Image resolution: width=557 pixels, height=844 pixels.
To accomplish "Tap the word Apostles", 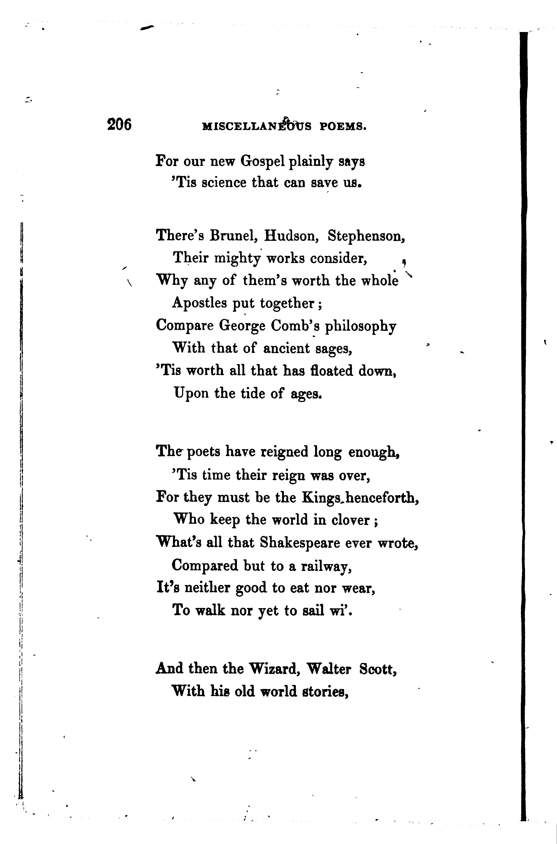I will click(x=199, y=303).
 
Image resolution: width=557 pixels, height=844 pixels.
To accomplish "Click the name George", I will click(x=242, y=326).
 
